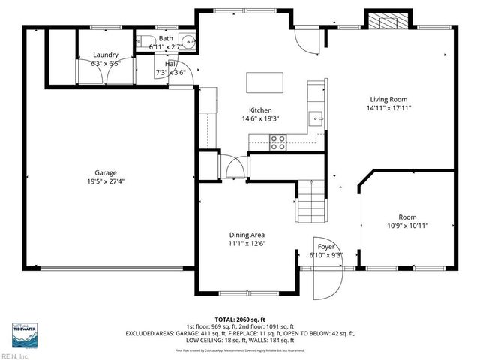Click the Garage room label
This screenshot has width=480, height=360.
(x=105, y=172)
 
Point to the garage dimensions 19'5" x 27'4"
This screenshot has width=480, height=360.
(x=105, y=181)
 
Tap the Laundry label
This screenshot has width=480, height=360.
(x=105, y=55)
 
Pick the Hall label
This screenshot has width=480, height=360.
(x=171, y=64)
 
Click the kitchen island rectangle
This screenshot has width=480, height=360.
(x=265, y=81)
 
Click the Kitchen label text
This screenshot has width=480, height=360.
(x=260, y=109)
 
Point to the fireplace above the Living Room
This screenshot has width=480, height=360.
(x=388, y=20)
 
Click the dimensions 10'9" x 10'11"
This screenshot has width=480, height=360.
(x=407, y=225)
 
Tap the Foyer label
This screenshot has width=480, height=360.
(x=326, y=247)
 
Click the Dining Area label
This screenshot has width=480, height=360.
(x=247, y=234)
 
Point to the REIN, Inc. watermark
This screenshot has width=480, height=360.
(x=15, y=355)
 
